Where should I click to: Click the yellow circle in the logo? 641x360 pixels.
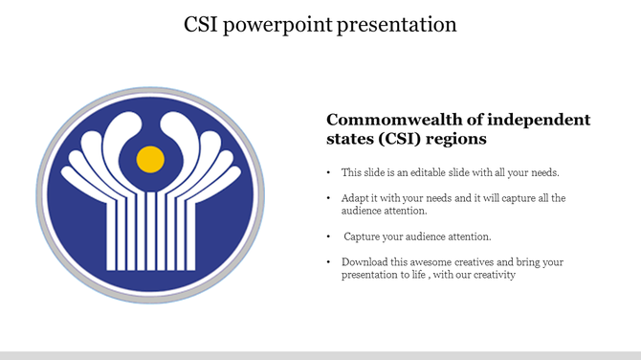click(x=149, y=159)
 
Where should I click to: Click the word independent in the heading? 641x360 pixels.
click(x=538, y=120)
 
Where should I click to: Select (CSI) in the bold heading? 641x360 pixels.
click(x=400, y=140)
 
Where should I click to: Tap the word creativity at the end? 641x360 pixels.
click(x=494, y=275)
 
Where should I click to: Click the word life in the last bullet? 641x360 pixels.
click(x=421, y=275)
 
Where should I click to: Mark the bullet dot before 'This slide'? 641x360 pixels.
click(x=329, y=173)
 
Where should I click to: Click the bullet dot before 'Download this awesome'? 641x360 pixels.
click(x=329, y=262)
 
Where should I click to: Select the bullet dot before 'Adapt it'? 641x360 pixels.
click(x=329, y=199)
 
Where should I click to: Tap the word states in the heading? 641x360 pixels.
click(x=350, y=140)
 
